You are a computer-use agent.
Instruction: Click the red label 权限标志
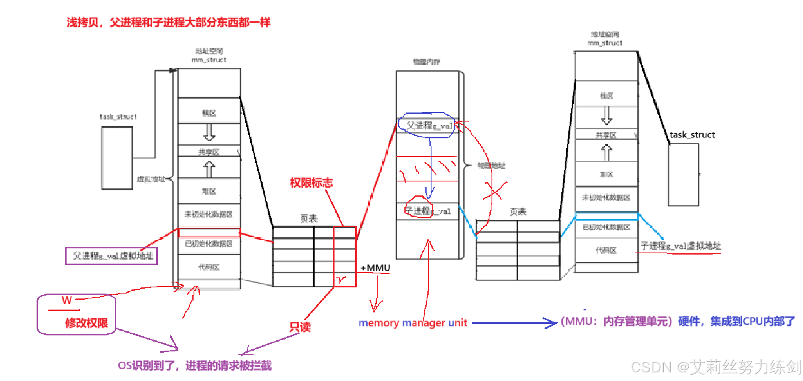pyautogui.click(x=311, y=183)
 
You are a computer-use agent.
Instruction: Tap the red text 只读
pyautogui.click(x=300, y=327)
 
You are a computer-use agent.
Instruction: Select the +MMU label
pyautogui.click(x=375, y=268)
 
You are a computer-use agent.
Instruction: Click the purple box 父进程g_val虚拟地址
pyautogui.click(x=111, y=256)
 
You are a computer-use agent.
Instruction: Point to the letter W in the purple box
pyautogui.click(x=67, y=300)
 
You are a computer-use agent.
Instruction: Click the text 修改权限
pyautogui.click(x=86, y=323)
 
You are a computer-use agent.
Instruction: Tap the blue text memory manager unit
pyautogui.click(x=413, y=323)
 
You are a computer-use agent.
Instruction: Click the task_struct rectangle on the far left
pyautogui.click(x=117, y=158)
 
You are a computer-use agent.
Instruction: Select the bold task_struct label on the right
pyautogui.click(x=692, y=135)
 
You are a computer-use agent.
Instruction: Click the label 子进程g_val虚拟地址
pyautogui.click(x=681, y=246)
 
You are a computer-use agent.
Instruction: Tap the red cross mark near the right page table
pyautogui.click(x=495, y=191)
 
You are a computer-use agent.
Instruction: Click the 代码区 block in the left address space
pyautogui.click(x=209, y=267)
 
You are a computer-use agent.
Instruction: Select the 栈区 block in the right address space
pyautogui.click(x=606, y=96)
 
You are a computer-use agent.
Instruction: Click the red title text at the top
pyautogui.click(x=168, y=22)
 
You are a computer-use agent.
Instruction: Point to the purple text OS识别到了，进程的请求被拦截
pyautogui.click(x=195, y=365)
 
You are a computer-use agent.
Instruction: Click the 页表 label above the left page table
pyautogui.click(x=309, y=218)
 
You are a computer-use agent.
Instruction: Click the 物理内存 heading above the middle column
pyautogui.click(x=427, y=62)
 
